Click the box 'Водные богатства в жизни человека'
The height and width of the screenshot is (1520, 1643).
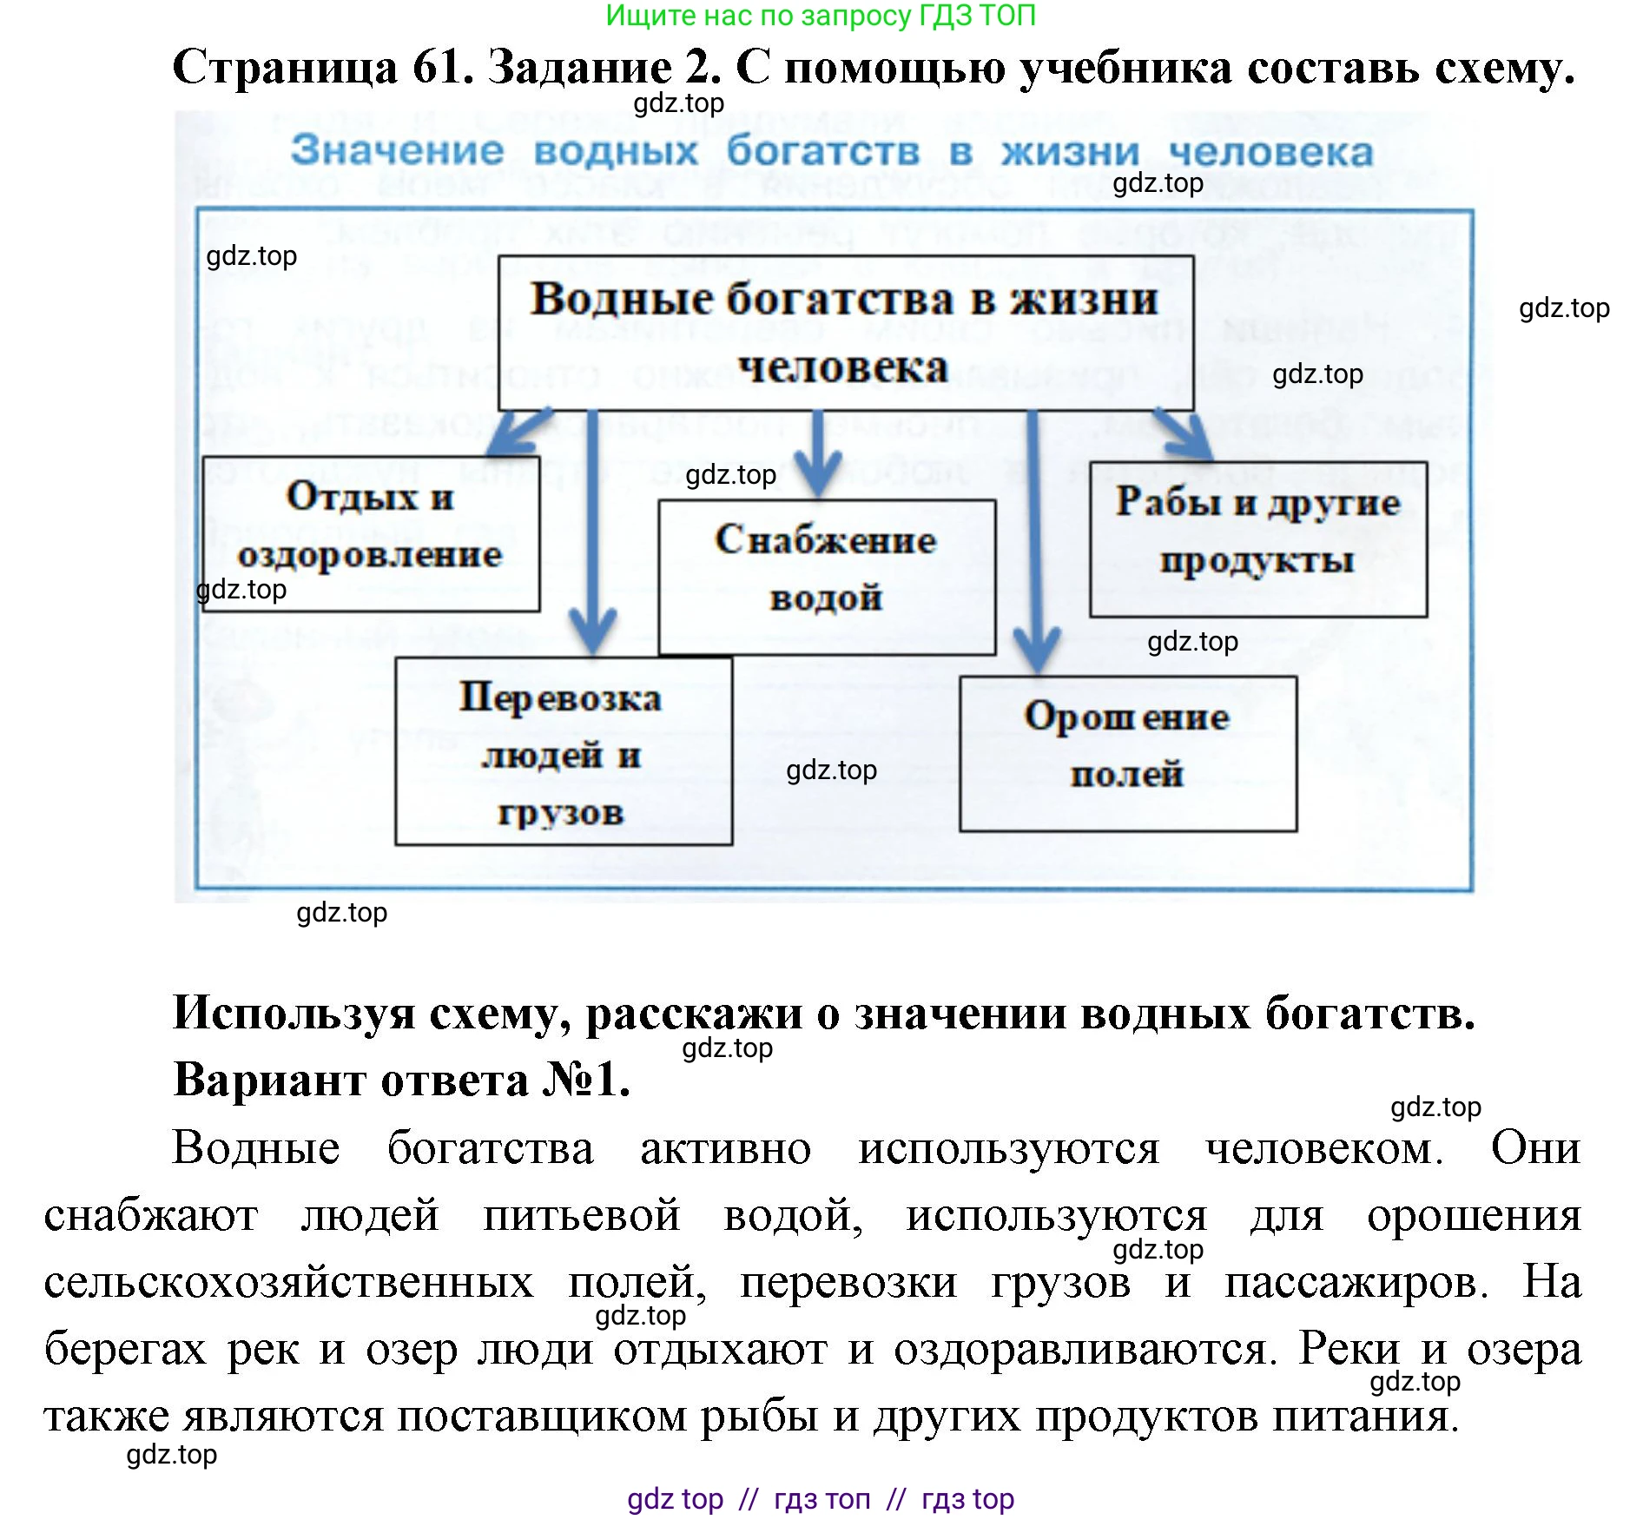point(845,333)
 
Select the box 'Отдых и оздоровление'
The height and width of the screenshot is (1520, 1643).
point(371,533)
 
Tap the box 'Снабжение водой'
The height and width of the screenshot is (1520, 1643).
point(826,577)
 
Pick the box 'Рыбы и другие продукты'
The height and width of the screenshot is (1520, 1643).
point(1257,539)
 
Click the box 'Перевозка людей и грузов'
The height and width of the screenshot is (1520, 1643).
point(563,751)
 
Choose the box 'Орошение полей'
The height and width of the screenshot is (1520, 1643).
point(1127,753)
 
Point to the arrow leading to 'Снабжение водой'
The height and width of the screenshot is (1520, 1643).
point(818,456)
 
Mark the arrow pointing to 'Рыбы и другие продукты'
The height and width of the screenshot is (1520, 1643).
point(1186,433)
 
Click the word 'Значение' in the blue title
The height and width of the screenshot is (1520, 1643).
point(397,150)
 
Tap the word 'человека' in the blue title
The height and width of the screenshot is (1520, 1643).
point(1270,153)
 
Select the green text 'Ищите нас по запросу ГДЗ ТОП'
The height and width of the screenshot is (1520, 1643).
point(820,16)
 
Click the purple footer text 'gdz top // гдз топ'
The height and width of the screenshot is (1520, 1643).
point(820,1499)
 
